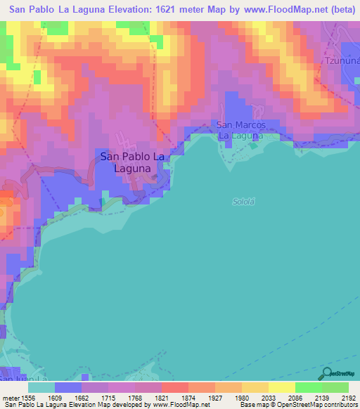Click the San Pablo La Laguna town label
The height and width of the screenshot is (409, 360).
[x=133, y=162]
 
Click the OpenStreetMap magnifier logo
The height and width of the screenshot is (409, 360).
[x=325, y=373]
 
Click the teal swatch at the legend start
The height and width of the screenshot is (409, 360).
[x=41, y=387]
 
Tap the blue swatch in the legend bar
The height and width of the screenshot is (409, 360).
[x=67, y=387]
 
